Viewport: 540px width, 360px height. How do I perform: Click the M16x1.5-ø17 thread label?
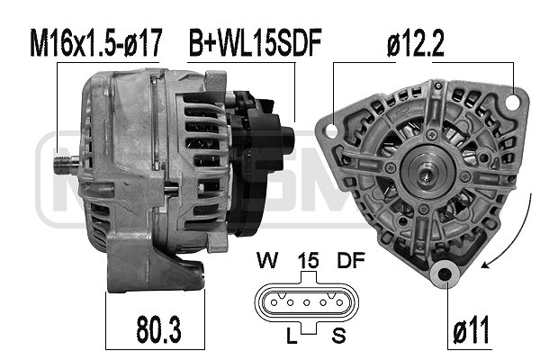click(95, 42)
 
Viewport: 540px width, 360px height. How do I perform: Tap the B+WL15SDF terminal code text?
click(256, 42)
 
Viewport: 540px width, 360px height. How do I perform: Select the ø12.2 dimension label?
click(415, 43)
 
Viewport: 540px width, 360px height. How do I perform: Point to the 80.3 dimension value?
click(158, 329)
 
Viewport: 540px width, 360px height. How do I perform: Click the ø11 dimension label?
click(471, 330)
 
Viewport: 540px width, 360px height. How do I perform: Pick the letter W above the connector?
click(267, 260)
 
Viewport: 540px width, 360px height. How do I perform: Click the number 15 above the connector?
click(308, 261)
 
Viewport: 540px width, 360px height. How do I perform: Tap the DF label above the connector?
click(351, 260)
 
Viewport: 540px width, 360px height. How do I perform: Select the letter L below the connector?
click(292, 336)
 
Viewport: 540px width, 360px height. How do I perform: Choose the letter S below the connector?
click(338, 336)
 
